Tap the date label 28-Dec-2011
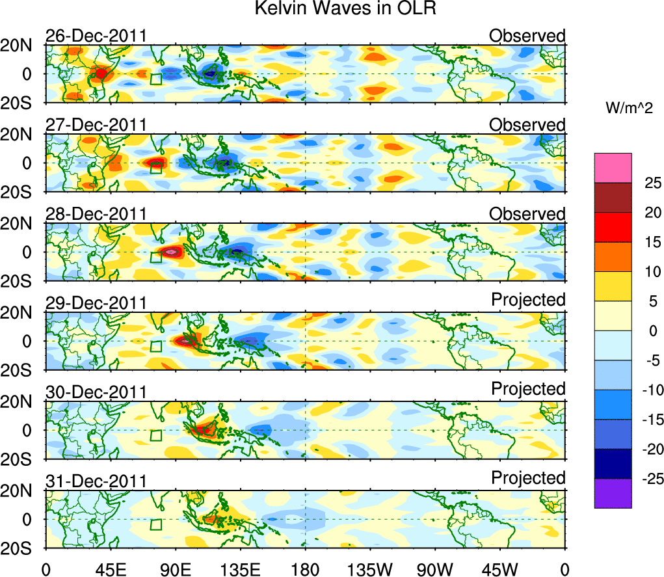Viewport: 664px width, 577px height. (96, 214)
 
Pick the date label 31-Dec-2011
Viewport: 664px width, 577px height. (96, 481)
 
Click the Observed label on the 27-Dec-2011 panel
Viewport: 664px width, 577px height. (527, 124)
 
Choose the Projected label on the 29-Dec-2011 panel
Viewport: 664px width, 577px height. (528, 299)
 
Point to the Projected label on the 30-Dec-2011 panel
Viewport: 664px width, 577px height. (528, 388)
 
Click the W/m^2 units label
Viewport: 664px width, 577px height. (629, 109)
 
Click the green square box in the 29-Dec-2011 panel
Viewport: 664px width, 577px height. (155, 345)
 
